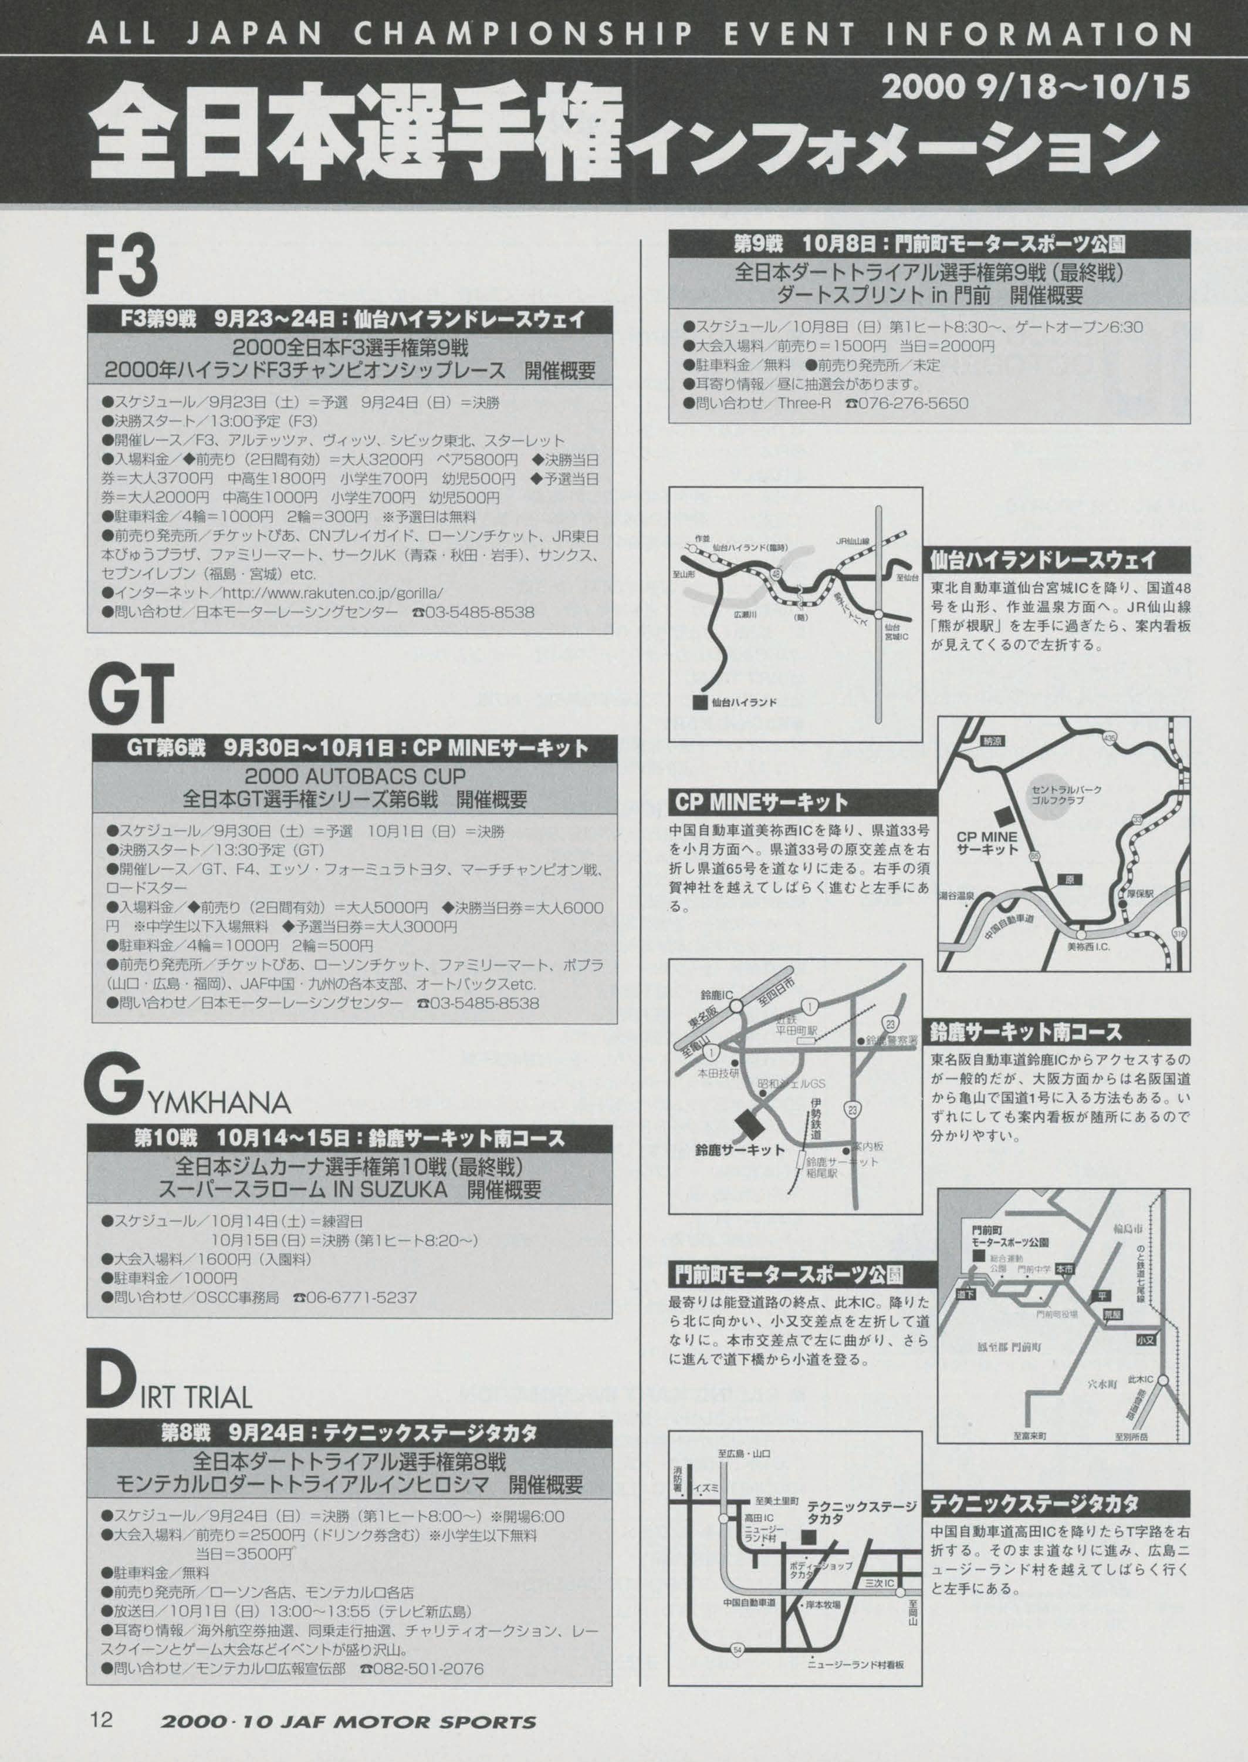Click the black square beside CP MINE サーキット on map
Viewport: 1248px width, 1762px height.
pyautogui.click(x=1003, y=816)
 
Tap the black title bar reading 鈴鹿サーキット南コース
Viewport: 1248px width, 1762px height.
pyautogui.click(x=1060, y=1031)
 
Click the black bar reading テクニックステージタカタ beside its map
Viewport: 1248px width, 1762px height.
pyautogui.click(x=1060, y=1504)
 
